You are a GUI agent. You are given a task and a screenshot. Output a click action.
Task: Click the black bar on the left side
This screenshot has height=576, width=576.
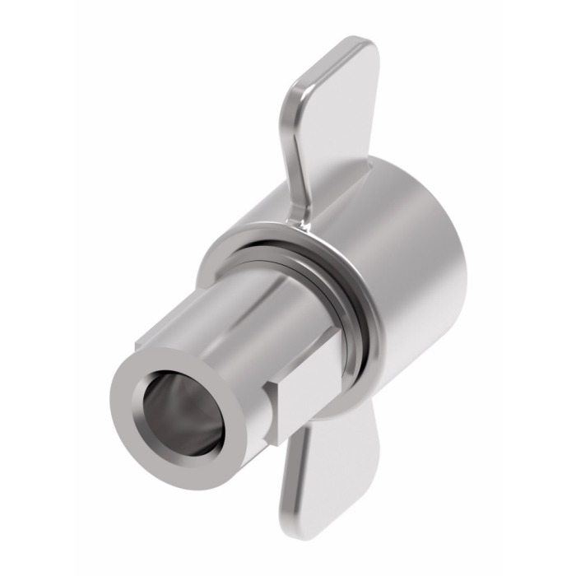click(x=37, y=288)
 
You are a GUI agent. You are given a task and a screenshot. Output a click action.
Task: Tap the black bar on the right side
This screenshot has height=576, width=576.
click(x=539, y=288)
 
